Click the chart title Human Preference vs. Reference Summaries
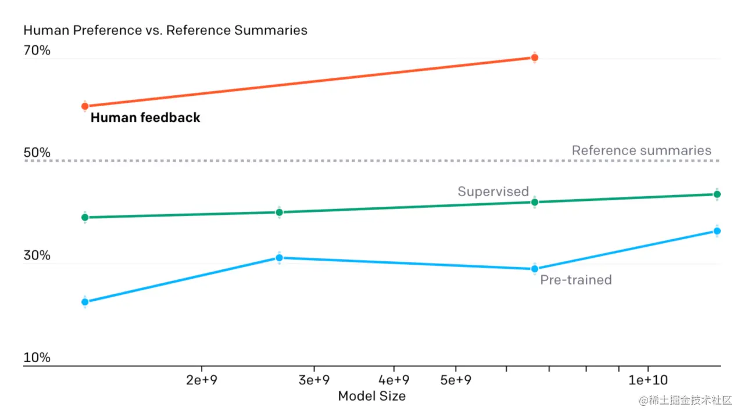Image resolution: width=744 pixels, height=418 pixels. point(165,30)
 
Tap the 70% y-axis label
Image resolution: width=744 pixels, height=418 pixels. point(37,51)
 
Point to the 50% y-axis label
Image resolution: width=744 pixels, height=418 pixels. point(37,153)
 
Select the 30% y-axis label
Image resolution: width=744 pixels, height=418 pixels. point(37,255)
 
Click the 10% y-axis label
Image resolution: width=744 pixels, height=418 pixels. point(37,358)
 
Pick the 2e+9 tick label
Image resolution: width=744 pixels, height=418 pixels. point(202,380)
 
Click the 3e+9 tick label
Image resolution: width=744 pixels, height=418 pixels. point(314,380)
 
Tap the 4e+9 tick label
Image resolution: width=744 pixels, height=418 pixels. point(394,380)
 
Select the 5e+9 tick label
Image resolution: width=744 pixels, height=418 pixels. point(455,380)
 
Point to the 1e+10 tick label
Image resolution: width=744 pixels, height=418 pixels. point(648,380)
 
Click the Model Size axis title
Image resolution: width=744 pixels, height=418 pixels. point(372,396)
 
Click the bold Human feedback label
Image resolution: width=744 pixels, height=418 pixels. point(145,118)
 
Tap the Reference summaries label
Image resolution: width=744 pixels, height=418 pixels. point(641,150)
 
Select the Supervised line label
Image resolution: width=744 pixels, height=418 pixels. point(493,192)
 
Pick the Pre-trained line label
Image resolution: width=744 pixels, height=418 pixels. point(576,280)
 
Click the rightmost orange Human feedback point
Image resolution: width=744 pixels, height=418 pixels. point(535,57)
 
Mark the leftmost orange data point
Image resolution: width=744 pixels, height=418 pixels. point(85,106)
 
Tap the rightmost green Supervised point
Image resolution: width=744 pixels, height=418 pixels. point(717,194)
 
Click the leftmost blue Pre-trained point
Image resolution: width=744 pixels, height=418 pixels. point(85,302)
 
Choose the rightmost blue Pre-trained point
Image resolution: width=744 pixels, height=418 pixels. point(717,231)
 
